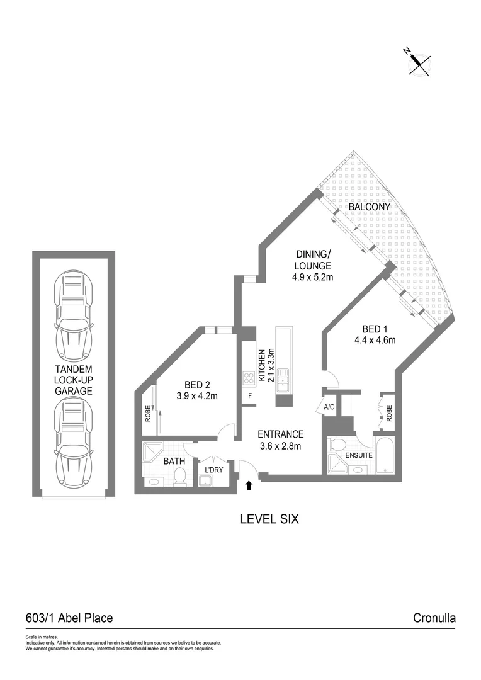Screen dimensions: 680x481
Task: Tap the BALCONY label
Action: tap(370, 207)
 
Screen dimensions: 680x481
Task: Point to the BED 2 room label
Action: tap(196, 385)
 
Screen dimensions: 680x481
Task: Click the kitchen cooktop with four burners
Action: tap(249, 378)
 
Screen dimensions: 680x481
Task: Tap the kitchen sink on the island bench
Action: tap(283, 380)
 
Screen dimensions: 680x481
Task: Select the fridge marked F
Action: tap(250, 395)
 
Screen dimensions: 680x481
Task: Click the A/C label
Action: tap(329, 407)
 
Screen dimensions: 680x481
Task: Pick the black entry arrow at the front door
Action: tap(249, 485)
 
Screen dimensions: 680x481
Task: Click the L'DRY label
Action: tap(211, 470)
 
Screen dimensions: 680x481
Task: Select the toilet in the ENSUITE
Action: tap(337, 445)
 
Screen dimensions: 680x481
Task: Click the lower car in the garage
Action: tap(74, 438)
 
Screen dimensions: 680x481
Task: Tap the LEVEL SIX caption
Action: tap(269, 519)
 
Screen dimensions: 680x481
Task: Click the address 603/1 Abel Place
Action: tap(69, 618)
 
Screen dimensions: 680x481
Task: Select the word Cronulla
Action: tap(434, 618)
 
